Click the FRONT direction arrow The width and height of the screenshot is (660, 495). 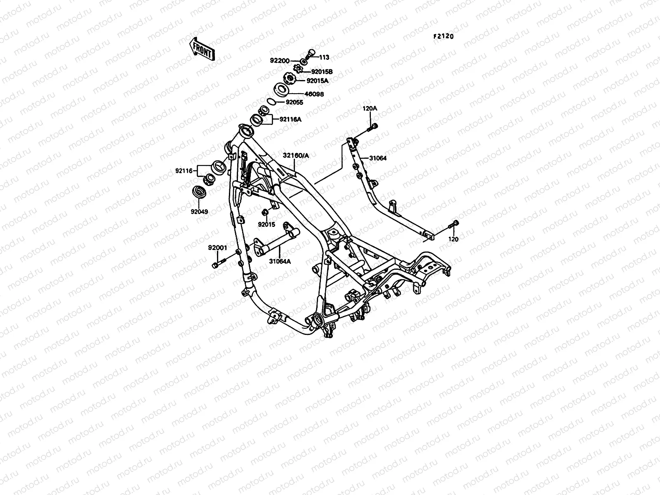click(202, 49)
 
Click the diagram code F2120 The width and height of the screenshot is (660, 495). click(443, 36)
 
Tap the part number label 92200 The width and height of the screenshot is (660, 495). click(280, 61)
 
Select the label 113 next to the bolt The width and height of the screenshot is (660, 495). click(324, 57)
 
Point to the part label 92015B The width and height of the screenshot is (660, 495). click(322, 72)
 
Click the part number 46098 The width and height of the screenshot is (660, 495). click(314, 94)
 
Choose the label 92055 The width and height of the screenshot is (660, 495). click(295, 102)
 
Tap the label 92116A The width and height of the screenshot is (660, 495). click(290, 119)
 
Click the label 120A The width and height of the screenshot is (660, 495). click(370, 108)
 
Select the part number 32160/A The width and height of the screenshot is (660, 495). click(296, 156)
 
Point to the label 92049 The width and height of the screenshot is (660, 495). click(199, 212)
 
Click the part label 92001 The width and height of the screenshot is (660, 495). click(217, 247)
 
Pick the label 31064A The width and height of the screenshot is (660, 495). click(280, 262)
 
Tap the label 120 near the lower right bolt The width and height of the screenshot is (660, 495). click(453, 239)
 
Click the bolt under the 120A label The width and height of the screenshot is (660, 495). click(372, 128)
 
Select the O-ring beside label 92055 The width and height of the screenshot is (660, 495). click(271, 101)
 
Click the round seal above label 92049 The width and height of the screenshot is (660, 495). click(199, 192)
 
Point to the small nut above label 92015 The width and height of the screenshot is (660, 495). click(265, 212)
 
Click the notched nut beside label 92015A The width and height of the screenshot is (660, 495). click(290, 78)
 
